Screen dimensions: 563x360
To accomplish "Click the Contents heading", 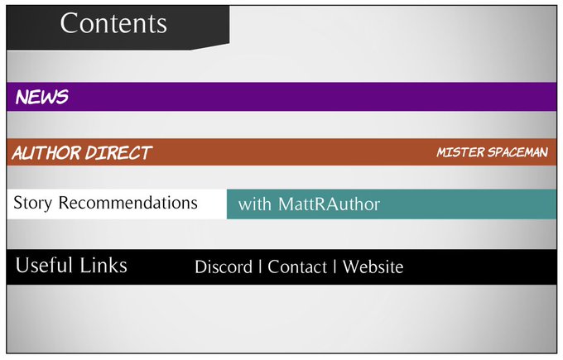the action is [x=113, y=23].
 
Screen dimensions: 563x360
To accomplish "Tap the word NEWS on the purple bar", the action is [x=41, y=97].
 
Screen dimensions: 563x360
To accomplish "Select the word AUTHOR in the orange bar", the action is [x=46, y=153].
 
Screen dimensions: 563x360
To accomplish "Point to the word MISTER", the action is [x=457, y=153].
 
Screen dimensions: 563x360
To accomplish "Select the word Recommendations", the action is [x=128, y=203].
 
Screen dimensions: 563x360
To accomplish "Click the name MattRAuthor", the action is [x=329, y=204].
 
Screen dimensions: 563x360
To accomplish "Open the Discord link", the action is [x=224, y=267].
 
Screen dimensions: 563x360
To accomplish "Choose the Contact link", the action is [x=297, y=267].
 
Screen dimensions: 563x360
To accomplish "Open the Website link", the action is [x=373, y=267].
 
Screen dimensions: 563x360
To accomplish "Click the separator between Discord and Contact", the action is [x=261, y=267].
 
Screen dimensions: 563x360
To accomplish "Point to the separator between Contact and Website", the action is [x=334, y=267].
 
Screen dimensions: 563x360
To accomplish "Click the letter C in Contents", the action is [x=70, y=23].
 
